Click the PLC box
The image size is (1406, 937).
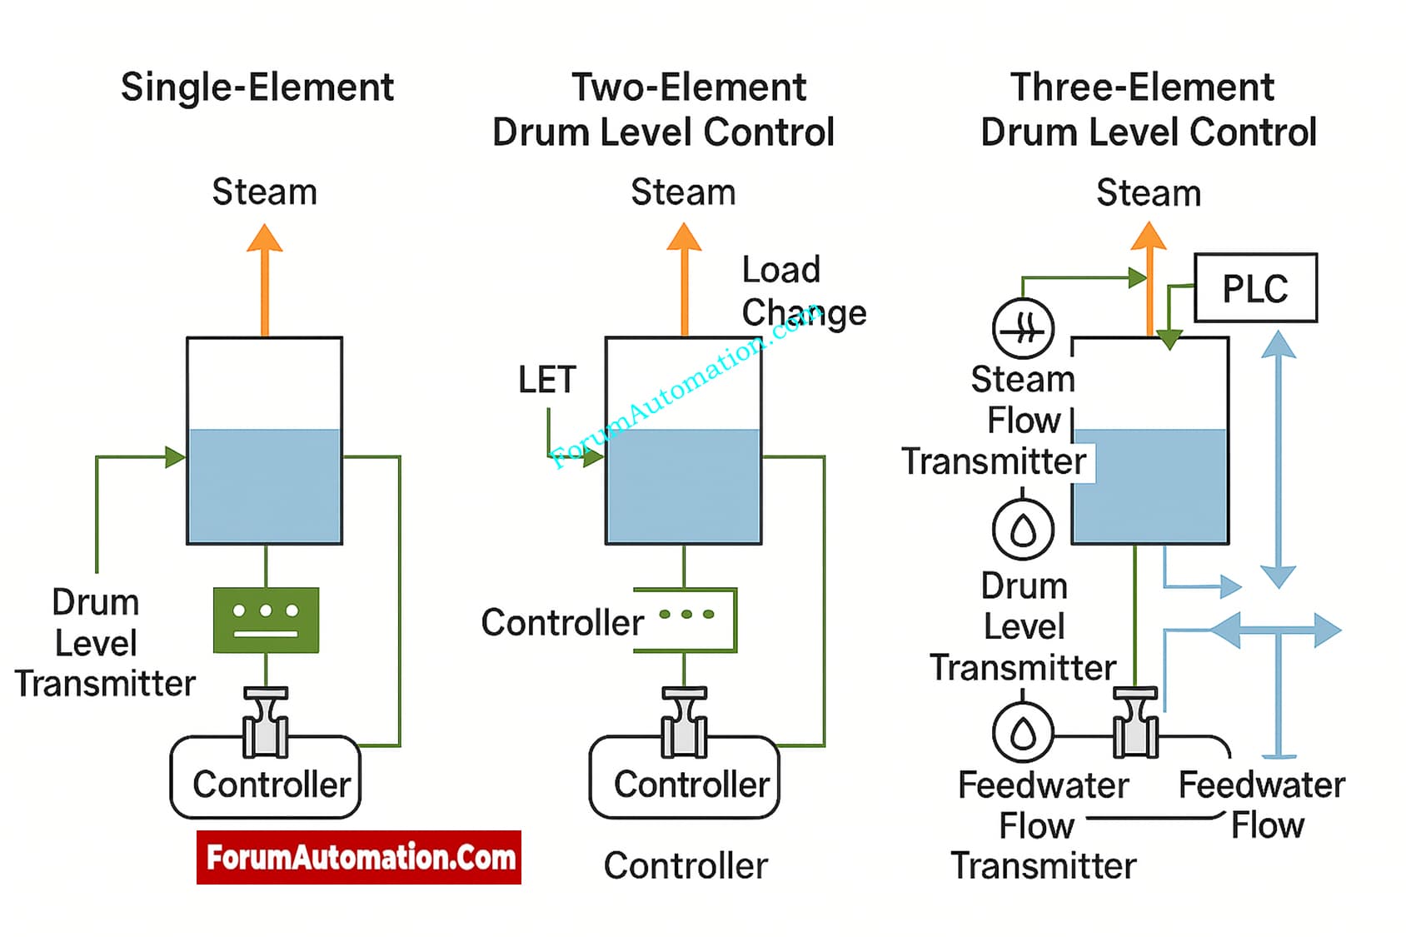[x=1255, y=288]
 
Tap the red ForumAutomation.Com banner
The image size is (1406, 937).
[x=359, y=857]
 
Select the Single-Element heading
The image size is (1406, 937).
[x=257, y=87]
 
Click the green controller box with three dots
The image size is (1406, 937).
[x=266, y=620]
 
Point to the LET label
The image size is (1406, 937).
[x=546, y=380]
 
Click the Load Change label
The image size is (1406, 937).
[x=803, y=292]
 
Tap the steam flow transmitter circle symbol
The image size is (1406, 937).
[x=1023, y=329]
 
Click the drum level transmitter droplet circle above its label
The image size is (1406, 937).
[x=1023, y=529]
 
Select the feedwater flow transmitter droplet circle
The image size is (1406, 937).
[x=1023, y=733]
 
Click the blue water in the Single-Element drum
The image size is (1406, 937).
[x=265, y=486]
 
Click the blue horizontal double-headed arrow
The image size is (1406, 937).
[x=1275, y=630]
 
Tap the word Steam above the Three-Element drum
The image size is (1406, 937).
[x=1149, y=193]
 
